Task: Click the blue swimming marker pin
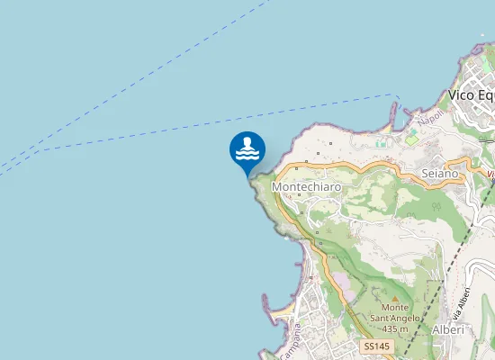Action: pos(247,150)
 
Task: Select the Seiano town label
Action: pos(440,172)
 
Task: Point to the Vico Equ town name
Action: pos(471,95)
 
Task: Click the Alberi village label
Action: pos(448,330)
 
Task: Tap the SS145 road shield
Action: pos(377,346)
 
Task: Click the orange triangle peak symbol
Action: pos(394,298)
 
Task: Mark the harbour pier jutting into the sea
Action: pos(393,112)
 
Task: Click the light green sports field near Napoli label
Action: pos(411,137)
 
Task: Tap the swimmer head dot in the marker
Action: pos(247,141)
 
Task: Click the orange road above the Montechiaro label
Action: pos(324,166)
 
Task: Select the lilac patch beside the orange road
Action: pos(344,286)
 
